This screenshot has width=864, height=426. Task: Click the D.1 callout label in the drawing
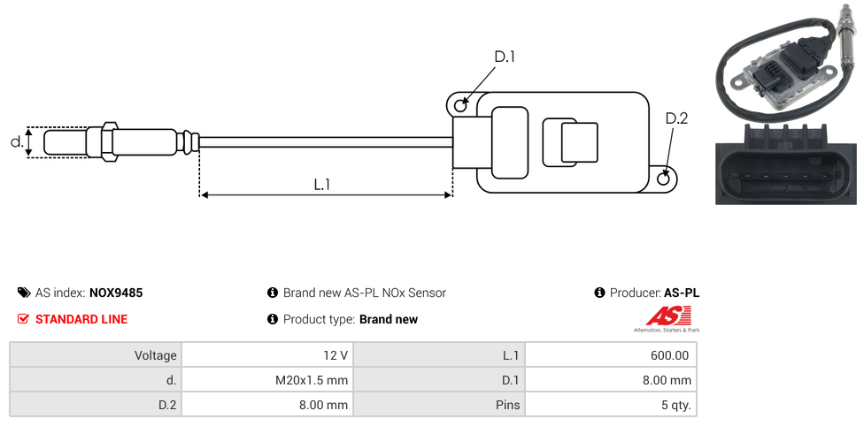[x=505, y=57]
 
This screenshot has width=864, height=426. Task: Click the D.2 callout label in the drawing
[x=676, y=119]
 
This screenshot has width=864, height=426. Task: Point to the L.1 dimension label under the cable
[x=322, y=185]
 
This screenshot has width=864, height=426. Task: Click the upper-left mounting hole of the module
[x=460, y=106]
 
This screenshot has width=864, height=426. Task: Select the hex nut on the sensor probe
[x=109, y=141]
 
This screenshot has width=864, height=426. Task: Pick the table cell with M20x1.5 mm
[x=312, y=380]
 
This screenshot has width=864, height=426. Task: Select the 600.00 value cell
[x=669, y=355]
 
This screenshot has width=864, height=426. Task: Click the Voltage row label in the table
[x=156, y=355]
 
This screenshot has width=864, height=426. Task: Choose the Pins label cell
[x=509, y=405]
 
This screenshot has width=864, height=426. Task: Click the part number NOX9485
[x=116, y=293]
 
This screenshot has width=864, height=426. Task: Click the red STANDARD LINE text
[x=81, y=319]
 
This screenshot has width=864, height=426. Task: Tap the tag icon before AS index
[x=24, y=293]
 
